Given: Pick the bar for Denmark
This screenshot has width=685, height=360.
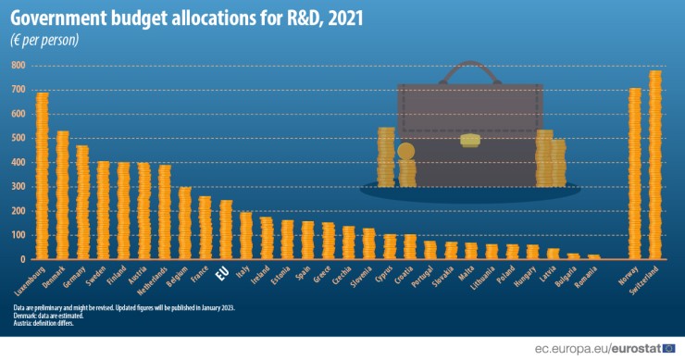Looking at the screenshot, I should (62, 195).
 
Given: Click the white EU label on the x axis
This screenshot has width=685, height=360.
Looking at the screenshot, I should (223, 274).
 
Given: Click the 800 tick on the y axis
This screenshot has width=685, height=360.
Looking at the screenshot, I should (17, 66).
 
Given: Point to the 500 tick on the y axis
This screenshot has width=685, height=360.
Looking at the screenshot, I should (17, 138).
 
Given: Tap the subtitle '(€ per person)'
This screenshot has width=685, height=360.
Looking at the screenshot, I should (45, 41).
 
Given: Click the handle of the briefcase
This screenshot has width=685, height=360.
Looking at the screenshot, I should (470, 70).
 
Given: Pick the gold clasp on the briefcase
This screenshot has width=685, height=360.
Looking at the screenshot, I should (470, 141).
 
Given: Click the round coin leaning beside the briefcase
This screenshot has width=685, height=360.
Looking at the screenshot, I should (405, 151).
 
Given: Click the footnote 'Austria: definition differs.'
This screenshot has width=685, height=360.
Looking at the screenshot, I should (43, 323).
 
